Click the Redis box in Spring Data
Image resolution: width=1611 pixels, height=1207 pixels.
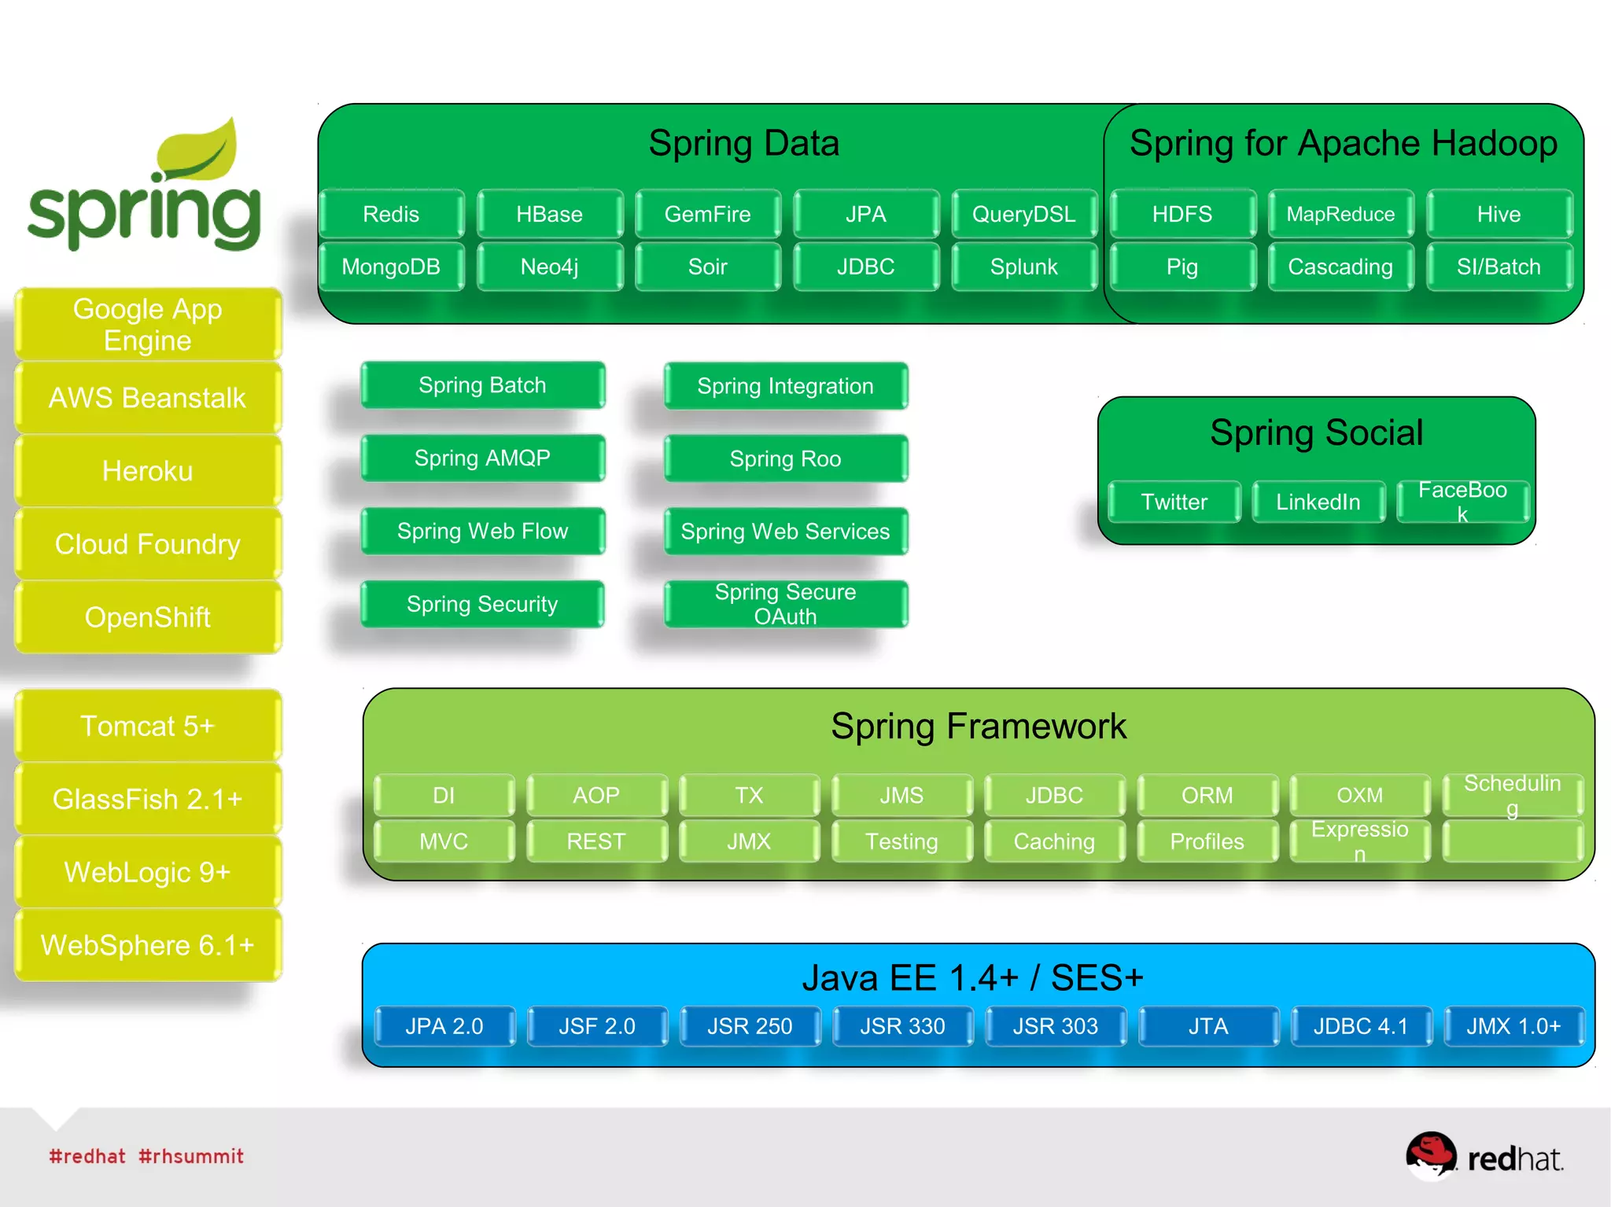[391, 214]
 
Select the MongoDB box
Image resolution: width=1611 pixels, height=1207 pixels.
[391, 267]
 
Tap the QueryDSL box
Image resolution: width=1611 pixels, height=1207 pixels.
[1023, 214]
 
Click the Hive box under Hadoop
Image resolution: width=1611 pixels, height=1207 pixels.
[1499, 214]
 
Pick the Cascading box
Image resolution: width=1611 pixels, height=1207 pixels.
[1340, 267]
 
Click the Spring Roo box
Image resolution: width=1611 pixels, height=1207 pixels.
[785, 458]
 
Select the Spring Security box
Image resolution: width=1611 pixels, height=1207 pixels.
[482, 604]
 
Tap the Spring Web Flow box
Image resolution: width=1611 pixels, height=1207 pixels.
[482, 532]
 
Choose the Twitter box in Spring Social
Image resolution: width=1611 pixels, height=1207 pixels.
[1174, 502]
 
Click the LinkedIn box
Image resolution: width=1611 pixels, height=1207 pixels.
[1318, 502]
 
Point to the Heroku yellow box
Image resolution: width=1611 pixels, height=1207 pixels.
[148, 471]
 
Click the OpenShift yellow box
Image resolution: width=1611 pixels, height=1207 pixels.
[148, 617]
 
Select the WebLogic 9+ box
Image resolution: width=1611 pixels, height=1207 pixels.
[148, 872]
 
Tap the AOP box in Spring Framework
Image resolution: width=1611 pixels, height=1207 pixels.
[596, 795]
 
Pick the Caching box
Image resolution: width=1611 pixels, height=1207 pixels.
[1054, 841]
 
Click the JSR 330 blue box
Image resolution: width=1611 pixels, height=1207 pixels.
[902, 1026]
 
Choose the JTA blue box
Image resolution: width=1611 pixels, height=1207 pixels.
[1207, 1026]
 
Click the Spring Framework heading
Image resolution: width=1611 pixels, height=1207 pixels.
[979, 726]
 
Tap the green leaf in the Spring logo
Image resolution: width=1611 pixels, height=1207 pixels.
[201, 149]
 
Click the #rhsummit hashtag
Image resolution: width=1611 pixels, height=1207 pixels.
[191, 1156]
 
